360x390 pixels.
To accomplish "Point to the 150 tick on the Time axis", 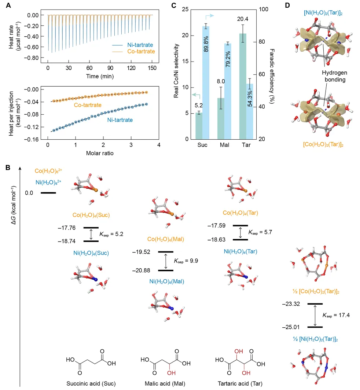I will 152,68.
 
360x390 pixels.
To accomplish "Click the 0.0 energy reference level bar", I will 48,192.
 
